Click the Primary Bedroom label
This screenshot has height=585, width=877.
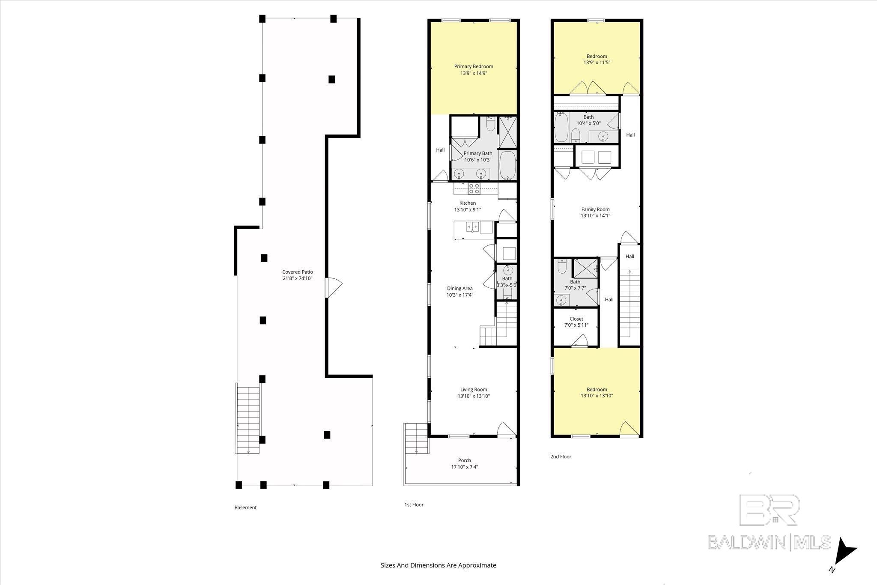tap(474, 66)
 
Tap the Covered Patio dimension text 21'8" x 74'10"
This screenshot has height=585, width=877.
tap(297, 278)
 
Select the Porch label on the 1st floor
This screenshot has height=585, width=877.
tap(464, 460)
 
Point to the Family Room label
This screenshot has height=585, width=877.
tap(595, 209)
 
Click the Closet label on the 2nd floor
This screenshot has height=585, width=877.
tap(576, 319)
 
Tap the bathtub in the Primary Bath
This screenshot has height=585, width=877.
tap(508, 165)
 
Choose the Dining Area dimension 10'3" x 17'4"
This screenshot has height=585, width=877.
tap(459, 295)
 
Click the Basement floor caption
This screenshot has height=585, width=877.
tap(245, 507)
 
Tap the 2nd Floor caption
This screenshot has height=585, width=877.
tap(561, 457)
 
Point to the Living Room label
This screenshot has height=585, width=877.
tap(474, 390)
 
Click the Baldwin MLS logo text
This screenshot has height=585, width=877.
tap(769, 542)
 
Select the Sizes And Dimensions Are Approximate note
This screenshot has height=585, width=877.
tap(438, 565)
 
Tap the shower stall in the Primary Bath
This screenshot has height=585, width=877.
tap(508, 132)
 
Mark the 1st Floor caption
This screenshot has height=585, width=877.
tap(414, 504)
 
